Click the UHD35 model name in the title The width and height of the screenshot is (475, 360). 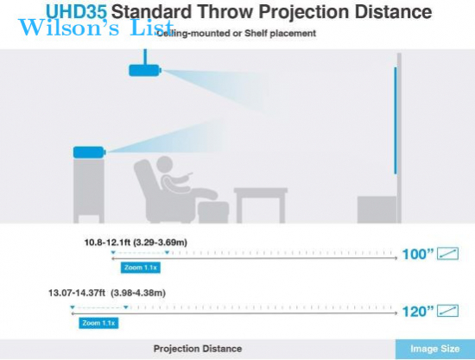click(76, 11)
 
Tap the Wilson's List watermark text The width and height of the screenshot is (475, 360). click(96, 28)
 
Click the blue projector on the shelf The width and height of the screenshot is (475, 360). click(89, 152)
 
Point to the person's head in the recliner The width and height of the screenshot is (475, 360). click(164, 165)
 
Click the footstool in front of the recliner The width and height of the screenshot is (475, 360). click(213, 212)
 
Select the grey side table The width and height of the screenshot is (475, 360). click(261, 205)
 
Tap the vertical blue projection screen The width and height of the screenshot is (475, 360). click(396, 121)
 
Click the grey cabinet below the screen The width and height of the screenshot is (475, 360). click(377, 210)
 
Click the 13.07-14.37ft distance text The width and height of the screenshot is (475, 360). click(77, 293)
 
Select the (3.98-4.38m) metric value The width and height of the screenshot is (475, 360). click(138, 293)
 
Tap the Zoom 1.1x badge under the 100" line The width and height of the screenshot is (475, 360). click(141, 268)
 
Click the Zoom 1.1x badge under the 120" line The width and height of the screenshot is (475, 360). click(98, 323)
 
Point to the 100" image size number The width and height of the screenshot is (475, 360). click(418, 254)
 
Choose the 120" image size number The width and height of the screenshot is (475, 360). click(418, 312)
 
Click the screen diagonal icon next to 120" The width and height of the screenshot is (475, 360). click(447, 311)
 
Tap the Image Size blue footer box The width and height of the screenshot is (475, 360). click(435, 349)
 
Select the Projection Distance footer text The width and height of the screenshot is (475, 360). click(198, 349)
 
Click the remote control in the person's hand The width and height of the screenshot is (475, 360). click(190, 174)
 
